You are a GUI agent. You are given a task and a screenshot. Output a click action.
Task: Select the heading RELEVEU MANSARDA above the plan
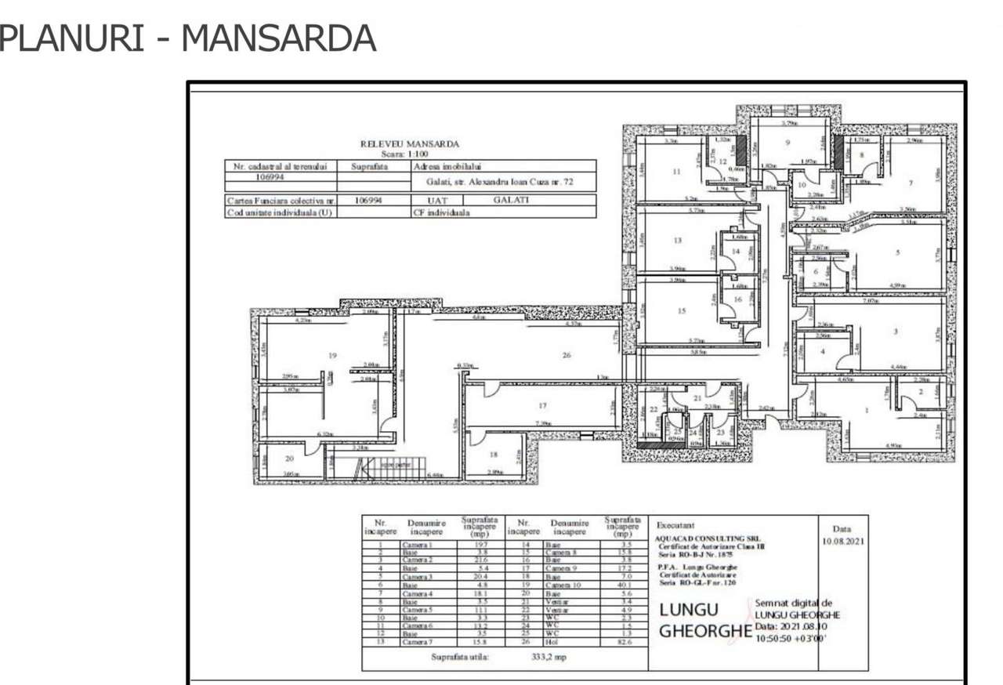point(409,143)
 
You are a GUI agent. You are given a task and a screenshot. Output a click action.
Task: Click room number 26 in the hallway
point(567,355)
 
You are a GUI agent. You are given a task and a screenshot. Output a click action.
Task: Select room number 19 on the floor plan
point(332,356)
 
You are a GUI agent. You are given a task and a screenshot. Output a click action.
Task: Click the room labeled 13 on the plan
point(677,240)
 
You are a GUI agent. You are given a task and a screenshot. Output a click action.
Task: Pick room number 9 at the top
point(787,143)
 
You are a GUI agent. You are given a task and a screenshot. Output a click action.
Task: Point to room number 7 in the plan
point(910,183)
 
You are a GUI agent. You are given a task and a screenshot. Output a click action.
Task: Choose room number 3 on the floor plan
point(895,332)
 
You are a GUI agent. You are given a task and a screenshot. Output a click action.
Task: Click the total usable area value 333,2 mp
point(549,657)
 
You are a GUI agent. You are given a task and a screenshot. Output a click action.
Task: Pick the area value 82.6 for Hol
point(623,641)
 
